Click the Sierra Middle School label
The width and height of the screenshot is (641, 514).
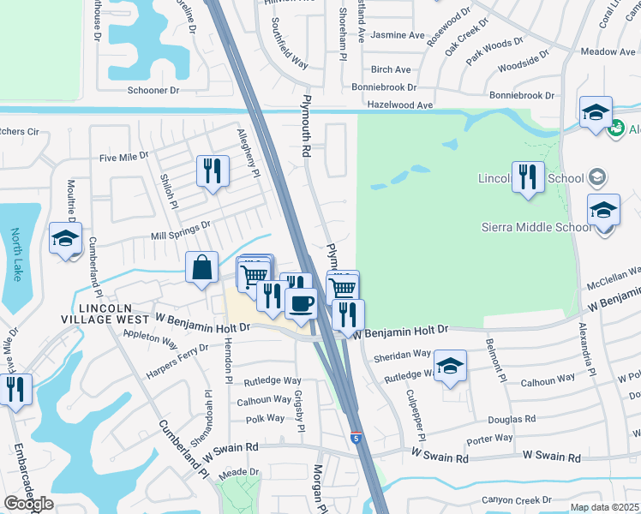pos(536,227)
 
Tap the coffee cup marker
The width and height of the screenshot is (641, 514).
pos(301,304)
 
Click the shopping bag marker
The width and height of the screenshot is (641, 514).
pos(201,267)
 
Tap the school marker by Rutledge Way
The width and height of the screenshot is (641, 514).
pos(450,366)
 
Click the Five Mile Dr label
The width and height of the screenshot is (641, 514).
pos(124,158)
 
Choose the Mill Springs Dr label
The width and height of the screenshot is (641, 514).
pos(181,227)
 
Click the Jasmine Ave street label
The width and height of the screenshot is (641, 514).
pos(398,36)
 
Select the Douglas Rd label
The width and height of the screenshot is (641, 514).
pos(512,419)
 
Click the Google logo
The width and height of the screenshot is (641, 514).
pos(28,504)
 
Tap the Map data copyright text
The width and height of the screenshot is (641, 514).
pos(605,507)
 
